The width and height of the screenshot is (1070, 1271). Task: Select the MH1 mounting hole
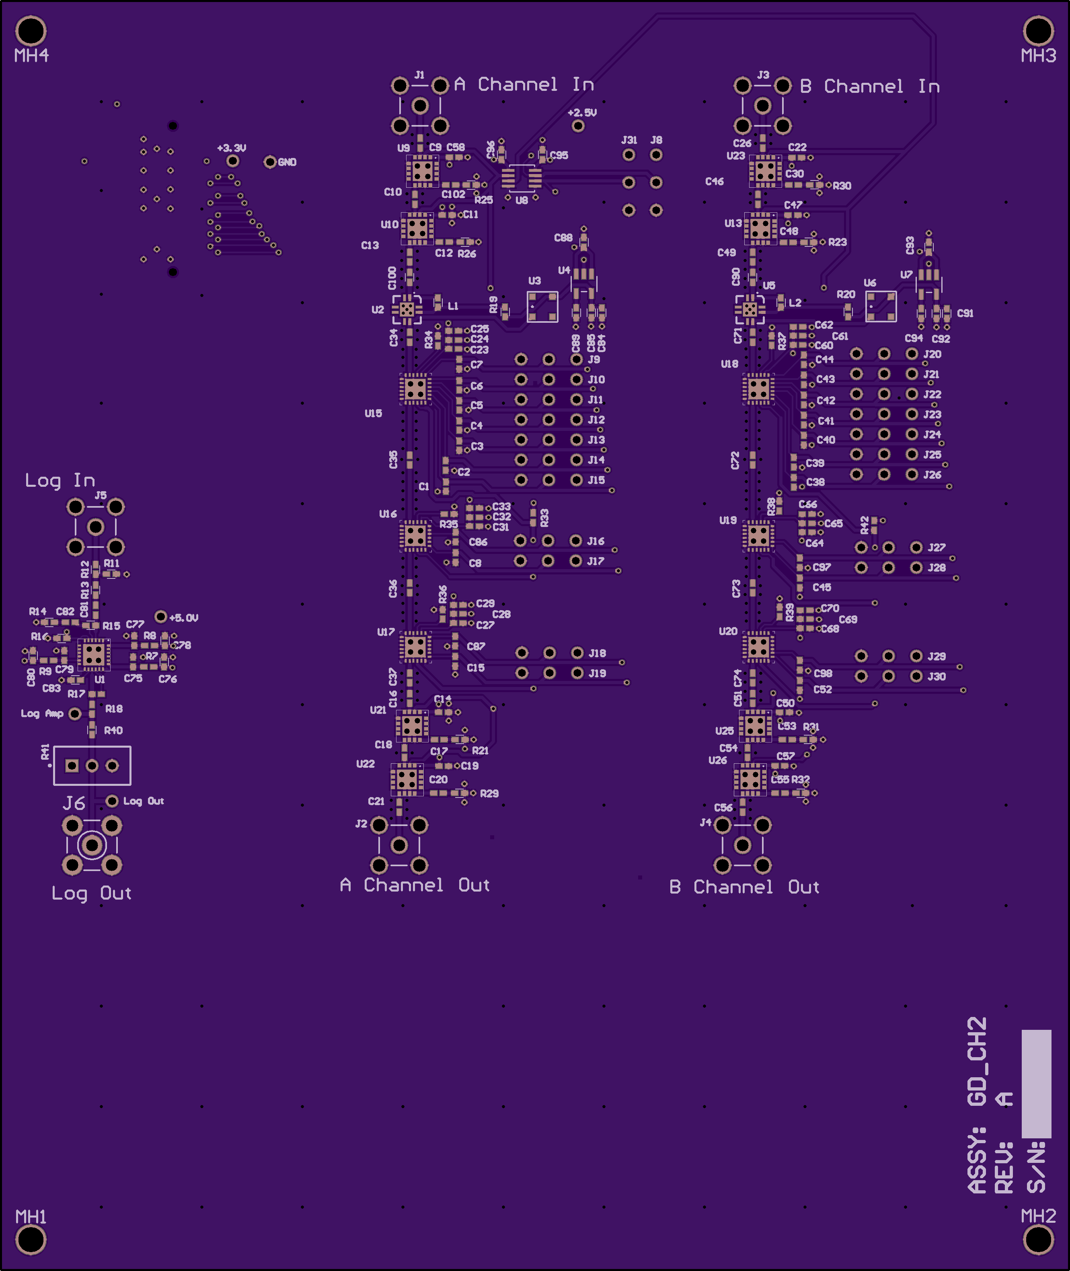point(30,1240)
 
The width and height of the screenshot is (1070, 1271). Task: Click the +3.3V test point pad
point(232,161)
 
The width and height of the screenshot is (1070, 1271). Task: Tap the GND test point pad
point(270,162)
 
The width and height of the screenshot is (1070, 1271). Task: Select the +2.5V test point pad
point(578,125)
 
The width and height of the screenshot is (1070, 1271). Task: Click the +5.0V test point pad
point(161,617)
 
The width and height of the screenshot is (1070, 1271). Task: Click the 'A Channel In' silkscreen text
point(524,84)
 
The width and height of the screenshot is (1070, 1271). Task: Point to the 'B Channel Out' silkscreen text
point(744,887)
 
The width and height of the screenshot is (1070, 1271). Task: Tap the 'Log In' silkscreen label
point(60,481)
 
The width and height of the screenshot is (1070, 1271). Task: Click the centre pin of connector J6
point(92,845)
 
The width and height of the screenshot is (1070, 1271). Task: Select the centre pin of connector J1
point(420,105)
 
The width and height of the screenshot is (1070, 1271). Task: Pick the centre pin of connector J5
point(95,527)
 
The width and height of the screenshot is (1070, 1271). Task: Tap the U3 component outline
point(542,307)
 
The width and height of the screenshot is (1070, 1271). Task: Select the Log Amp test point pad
point(75,714)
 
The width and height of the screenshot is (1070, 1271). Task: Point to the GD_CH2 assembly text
point(977,1061)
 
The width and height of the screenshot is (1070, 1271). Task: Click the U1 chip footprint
point(94,655)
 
